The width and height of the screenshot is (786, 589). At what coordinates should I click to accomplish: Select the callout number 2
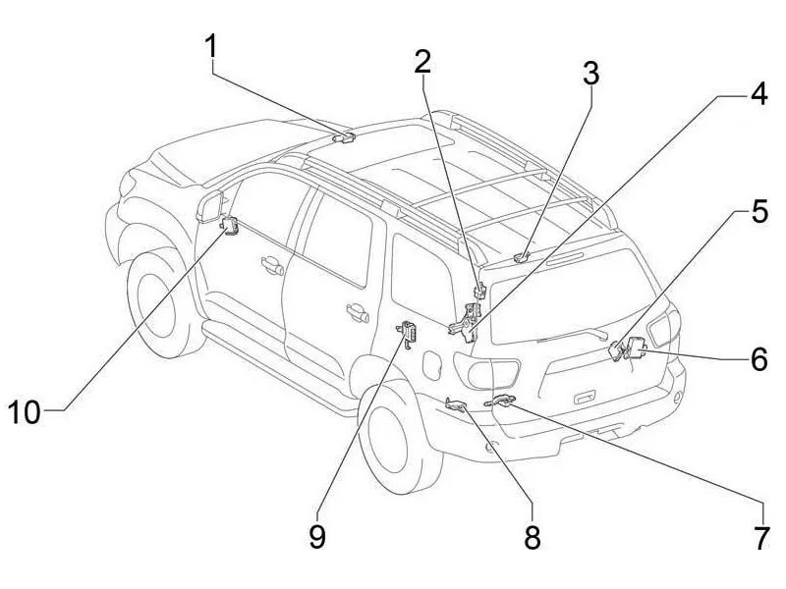[422, 62]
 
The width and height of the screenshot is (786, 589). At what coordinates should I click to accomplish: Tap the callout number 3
[589, 74]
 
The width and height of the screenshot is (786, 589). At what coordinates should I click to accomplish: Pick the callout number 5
[758, 212]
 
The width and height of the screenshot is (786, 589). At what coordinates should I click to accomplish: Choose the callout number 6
[758, 359]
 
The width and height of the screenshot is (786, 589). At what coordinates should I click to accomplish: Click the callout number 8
[532, 537]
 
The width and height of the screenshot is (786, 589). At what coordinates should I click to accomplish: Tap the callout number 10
[26, 412]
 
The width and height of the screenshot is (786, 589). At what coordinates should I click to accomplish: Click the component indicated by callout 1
[345, 137]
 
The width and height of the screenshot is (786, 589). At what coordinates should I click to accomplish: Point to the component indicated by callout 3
[522, 257]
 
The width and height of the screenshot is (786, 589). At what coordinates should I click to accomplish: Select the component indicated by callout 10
[232, 226]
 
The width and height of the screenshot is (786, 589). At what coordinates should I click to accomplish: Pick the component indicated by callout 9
[410, 334]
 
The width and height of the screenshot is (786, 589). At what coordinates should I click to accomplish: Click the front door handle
[269, 263]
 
